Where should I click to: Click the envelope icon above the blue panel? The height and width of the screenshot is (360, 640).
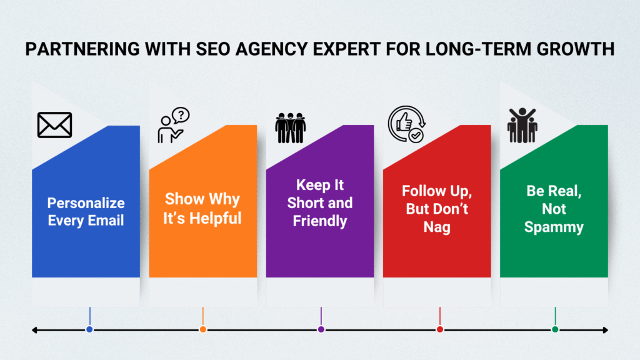(55, 125)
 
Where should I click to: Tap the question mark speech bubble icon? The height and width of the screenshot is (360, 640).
(174, 125)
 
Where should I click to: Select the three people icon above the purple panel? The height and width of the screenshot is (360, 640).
(290, 127)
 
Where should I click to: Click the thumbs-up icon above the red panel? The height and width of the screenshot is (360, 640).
(406, 124)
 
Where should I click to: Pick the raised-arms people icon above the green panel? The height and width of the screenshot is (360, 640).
(522, 125)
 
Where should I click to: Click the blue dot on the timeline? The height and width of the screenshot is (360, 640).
(89, 329)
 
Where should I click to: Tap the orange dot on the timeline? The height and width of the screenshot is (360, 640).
(203, 329)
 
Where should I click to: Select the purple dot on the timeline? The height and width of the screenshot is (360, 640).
(321, 329)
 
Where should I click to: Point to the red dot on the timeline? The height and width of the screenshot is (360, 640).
(439, 329)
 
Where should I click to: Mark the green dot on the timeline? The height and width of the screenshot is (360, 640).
(555, 329)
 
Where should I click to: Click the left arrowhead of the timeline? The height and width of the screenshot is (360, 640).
(34, 330)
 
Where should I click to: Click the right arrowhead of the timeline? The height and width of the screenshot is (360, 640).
(606, 330)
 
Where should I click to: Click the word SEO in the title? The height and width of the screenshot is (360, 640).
(213, 49)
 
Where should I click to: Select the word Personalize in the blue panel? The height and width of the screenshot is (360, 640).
(86, 203)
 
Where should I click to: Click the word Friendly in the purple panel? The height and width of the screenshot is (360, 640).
(320, 221)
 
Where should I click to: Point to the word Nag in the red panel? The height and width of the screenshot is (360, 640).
(437, 227)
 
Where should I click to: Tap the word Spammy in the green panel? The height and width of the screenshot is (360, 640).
(554, 227)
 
